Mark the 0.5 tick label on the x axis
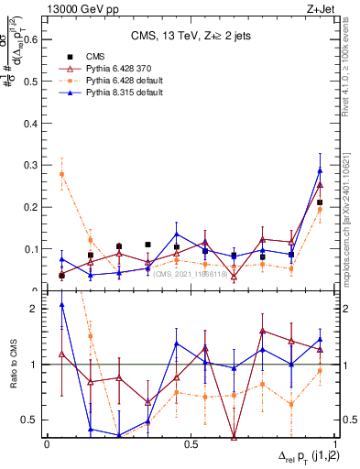(x=191, y=444)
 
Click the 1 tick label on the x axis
(x=334, y=444)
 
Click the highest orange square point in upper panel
(x=61, y=174)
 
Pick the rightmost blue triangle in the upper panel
(x=320, y=170)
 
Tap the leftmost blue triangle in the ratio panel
(x=61, y=305)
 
